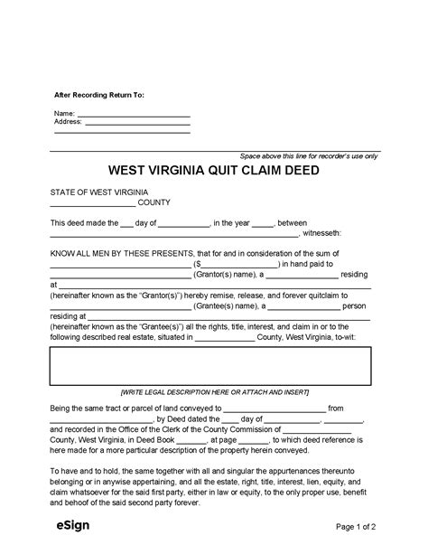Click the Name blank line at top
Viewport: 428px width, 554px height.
click(135, 114)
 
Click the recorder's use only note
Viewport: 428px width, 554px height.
click(309, 156)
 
